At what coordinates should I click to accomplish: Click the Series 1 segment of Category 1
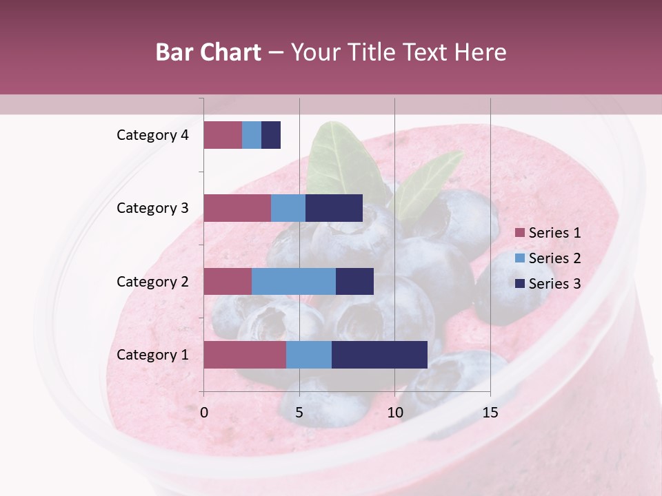point(245,355)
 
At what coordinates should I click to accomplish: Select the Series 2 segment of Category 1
point(309,355)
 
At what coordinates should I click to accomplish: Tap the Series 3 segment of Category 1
point(379,355)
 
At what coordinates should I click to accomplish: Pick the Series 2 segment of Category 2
point(294,281)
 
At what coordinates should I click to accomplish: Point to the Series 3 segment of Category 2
point(354,281)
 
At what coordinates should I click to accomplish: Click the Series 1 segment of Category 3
point(237,208)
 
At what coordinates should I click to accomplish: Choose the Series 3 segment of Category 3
point(334,208)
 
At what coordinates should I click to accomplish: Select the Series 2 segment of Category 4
point(252,135)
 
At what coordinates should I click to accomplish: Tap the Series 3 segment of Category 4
point(271,135)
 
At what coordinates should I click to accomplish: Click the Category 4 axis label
point(152,135)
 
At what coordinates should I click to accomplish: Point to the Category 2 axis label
point(152,281)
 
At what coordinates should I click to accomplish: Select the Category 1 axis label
point(152,355)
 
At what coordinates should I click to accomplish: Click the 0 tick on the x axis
point(204,413)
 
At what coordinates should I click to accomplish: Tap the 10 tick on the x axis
point(394,413)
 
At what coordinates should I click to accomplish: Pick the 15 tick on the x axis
point(490,413)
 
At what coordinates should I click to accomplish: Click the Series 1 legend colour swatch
point(519,233)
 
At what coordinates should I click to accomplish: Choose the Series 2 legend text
point(554,258)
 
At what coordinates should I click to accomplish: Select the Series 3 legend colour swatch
point(519,284)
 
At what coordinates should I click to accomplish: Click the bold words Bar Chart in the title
point(208,52)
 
